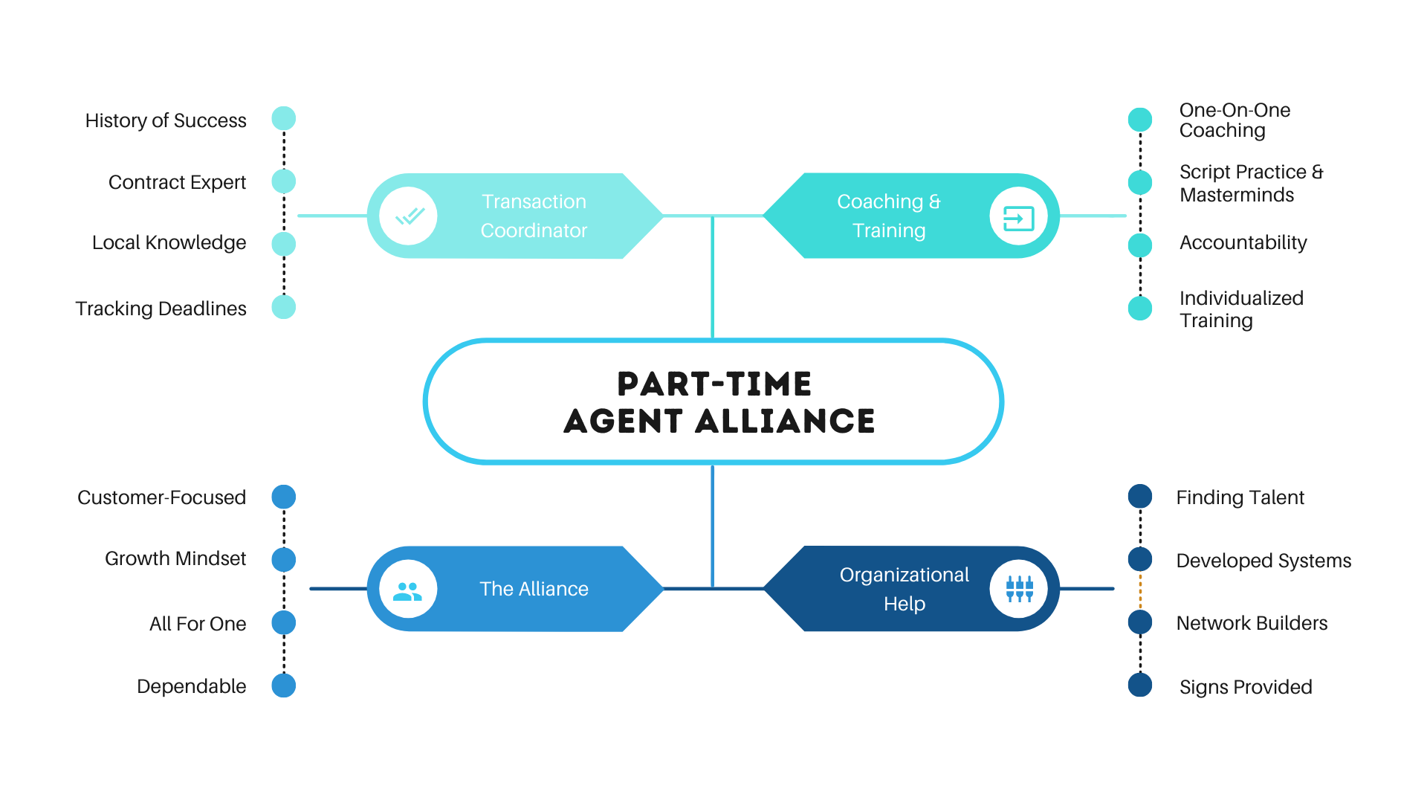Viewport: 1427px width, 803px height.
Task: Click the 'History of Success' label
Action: [x=166, y=120]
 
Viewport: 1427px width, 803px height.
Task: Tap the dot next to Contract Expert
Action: [x=284, y=181]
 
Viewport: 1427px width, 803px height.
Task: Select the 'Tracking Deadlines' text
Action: [x=161, y=309]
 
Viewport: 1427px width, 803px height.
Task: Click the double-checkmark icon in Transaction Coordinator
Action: [x=409, y=216]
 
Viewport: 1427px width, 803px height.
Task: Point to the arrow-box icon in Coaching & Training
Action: [x=1018, y=218]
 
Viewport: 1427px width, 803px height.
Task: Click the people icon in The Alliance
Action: [x=407, y=591]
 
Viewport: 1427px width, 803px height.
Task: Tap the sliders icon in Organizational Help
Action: [x=1019, y=589]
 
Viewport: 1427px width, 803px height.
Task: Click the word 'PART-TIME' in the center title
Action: [x=714, y=384]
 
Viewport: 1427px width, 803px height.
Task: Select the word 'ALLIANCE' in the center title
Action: [x=786, y=422]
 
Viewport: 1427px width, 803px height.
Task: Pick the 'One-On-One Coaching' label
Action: [x=1235, y=120]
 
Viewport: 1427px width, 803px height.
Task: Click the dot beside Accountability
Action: [x=1140, y=245]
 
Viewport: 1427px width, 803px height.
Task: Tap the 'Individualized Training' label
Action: [x=1241, y=309]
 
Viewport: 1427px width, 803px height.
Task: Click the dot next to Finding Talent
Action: [x=1140, y=497]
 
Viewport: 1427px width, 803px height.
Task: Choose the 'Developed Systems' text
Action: [x=1263, y=561]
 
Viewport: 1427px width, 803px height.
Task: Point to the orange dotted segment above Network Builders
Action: [x=1140, y=591]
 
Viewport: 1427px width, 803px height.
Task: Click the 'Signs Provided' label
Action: [x=1246, y=687]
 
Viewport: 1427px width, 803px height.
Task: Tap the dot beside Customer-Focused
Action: [x=284, y=497]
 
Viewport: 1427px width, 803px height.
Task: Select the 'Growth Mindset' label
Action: [x=175, y=558]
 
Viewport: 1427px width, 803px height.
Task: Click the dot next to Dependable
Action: [x=284, y=686]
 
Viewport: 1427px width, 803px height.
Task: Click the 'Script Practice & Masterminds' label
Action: [x=1252, y=183]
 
